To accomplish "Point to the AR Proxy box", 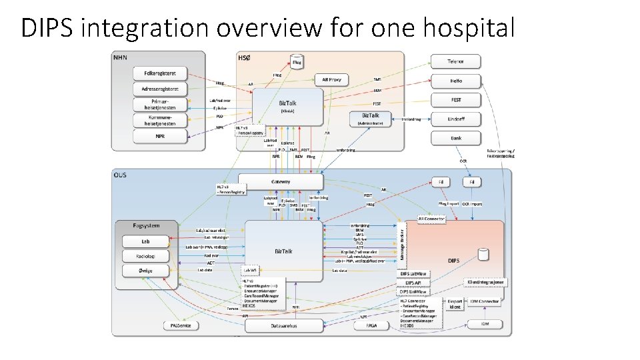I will pyautogui.click(x=331, y=79).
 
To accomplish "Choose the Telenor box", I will pyautogui.click(x=456, y=62).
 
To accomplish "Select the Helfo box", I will pyautogui.click(x=456, y=81).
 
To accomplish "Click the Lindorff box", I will pyautogui.click(x=456, y=119).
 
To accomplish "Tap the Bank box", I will pyautogui.click(x=456, y=139).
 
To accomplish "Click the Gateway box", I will pyautogui.click(x=281, y=181).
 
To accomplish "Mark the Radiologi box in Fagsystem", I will pyautogui.click(x=145, y=255).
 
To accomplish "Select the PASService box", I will pyautogui.click(x=181, y=325).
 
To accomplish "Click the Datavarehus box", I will pyautogui.click(x=284, y=325).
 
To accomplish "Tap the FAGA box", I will pyautogui.click(x=371, y=325).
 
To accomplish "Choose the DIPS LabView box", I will pyautogui.click(x=415, y=274).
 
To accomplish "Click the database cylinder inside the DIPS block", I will pyautogui.click(x=485, y=255).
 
